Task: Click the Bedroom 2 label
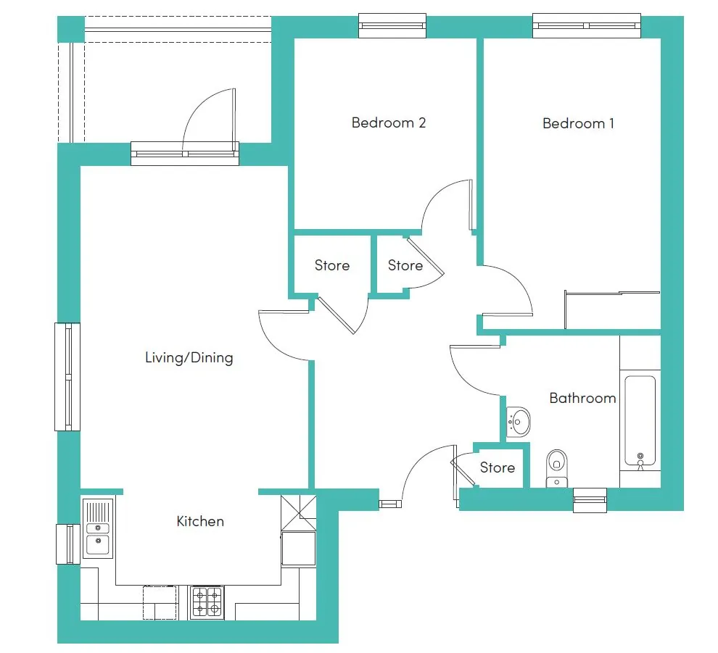[x=388, y=122]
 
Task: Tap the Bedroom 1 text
[x=578, y=123]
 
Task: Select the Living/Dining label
[x=189, y=357]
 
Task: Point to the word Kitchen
[x=200, y=521]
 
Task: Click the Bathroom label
[x=582, y=398]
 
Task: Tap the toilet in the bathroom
[x=557, y=468]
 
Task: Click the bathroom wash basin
[x=519, y=422]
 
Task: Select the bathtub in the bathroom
[x=640, y=420]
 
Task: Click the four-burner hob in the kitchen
[x=207, y=602]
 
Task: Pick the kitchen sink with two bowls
[x=98, y=528]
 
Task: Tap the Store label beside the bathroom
[x=498, y=467]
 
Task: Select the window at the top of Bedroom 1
[x=587, y=25]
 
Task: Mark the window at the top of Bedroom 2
[x=392, y=25]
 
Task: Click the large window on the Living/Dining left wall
[x=67, y=377]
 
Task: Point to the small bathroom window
[x=590, y=499]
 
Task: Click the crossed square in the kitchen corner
[x=299, y=512]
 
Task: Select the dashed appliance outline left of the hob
[x=160, y=603]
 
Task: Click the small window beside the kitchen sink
[x=67, y=544]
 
